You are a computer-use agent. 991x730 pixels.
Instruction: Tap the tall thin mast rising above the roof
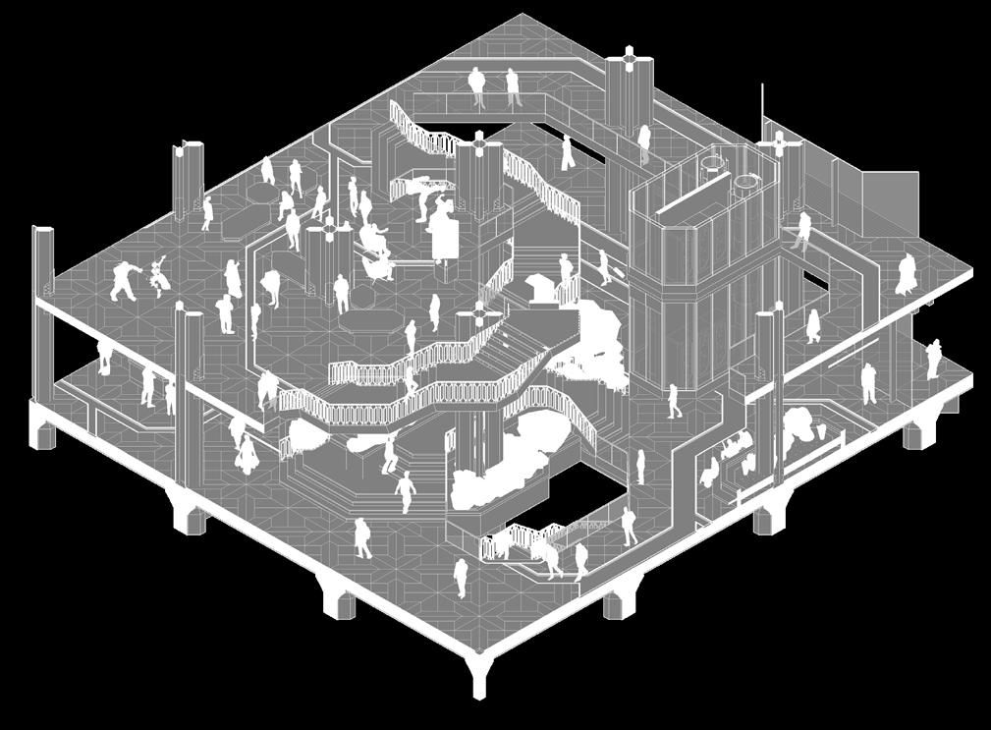[762, 108]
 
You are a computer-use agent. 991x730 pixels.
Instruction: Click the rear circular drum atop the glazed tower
[747, 185]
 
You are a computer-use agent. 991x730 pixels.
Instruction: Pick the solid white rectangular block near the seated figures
[445, 236]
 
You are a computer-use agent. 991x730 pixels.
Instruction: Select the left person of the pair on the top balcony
[477, 86]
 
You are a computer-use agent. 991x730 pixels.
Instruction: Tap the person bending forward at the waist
[269, 286]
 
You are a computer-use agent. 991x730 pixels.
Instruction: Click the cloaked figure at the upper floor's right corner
[906, 275]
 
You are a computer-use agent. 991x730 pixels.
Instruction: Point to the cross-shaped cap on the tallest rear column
[628, 59]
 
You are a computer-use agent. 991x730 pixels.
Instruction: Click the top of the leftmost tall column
[43, 232]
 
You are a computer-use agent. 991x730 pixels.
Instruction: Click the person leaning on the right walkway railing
[803, 230]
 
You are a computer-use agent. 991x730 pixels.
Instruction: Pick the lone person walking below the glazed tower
[673, 400]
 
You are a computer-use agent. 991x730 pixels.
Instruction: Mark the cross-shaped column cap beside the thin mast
[782, 144]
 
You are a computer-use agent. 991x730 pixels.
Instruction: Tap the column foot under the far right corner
[920, 432]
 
